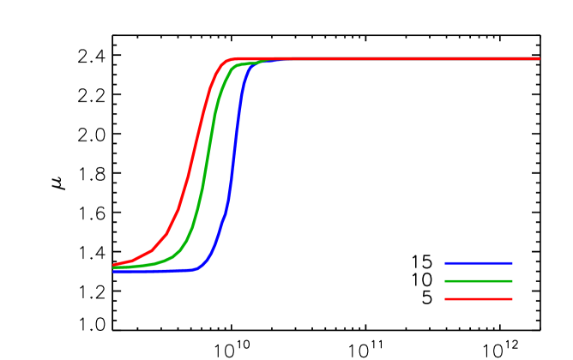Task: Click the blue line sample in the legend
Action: point(479,263)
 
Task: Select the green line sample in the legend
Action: point(479,281)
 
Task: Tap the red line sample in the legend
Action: point(479,299)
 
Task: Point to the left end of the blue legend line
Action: point(445,263)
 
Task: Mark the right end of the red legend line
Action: point(512,299)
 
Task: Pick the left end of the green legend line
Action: point(445,281)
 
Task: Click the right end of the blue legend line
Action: point(512,263)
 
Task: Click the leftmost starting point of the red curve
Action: point(114,265)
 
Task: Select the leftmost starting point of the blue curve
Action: point(114,272)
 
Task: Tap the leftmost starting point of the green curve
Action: point(114,267)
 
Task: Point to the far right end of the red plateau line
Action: point(539,58)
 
